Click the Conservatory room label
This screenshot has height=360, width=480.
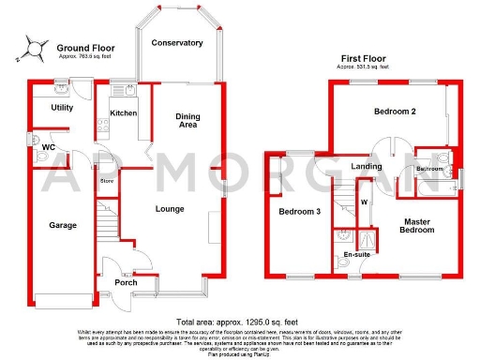[x=177, y=43]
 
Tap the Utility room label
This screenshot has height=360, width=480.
[x=63, y=109]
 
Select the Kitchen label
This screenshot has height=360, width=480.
[x=124, y=113]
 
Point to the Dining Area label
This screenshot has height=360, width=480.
[x=187, y=120]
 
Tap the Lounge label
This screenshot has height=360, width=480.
[x=170, y=208]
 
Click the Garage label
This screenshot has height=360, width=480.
[x=63, y=225]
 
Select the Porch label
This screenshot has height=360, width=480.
[x=126, y=282]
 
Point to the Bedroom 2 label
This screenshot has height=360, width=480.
[x=395, y=112]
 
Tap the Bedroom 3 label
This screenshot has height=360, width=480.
[x=300, y=212]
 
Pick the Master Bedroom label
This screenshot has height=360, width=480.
[x=417, y=227]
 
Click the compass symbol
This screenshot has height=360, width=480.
[x=35, y=44]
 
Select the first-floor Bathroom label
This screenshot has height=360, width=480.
[x=430, y=169]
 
